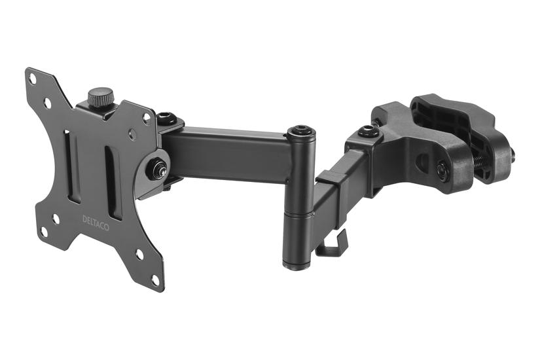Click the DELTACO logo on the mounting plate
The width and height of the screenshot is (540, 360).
tap(96, 223)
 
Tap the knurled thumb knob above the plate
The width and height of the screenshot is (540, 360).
tap(101, 97)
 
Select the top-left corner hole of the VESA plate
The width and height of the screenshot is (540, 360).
tap(32, 79)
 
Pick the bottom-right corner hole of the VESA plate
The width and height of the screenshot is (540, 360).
tap(156, 280)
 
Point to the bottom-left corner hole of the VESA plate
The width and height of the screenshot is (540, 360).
tap(44, 232)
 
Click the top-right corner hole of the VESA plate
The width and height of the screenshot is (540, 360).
tap(147, 118)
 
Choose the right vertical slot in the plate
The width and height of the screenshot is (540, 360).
tap(113, 183)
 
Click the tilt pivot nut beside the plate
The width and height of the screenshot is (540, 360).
tap(156, 169)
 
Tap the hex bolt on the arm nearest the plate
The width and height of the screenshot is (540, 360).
tap(167, 118)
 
